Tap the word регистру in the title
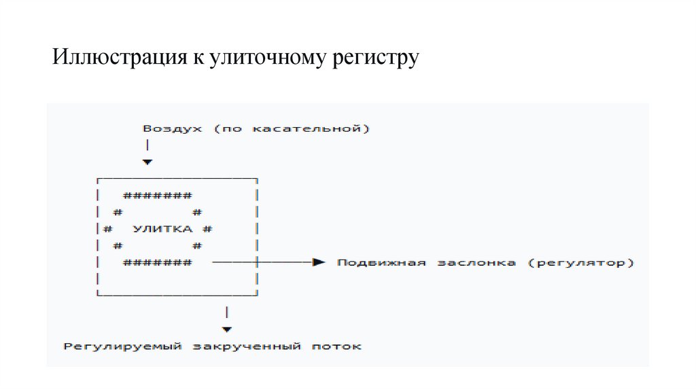tap(375, 59)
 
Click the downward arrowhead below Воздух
tap(147, 162)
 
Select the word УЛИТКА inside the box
tap(163, 229)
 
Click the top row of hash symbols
tap(158, 196)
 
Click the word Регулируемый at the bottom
tap(123, 347)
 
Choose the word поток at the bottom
tap(337, 347)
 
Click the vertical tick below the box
tap(226, 312)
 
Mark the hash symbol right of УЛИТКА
tap(209, 229)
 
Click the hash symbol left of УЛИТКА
tap(109, 229)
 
